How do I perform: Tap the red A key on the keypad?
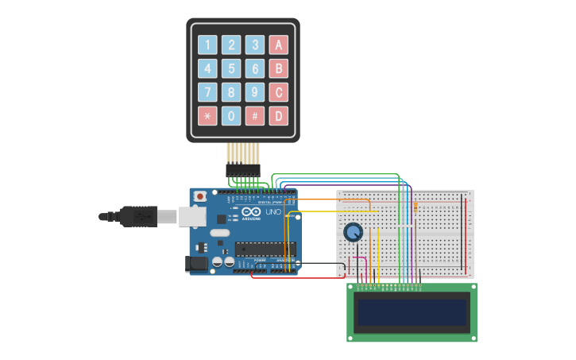coord(278,45)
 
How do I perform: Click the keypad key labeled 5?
coord(231,68)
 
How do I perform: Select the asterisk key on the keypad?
coord(207,116)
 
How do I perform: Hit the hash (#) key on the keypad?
coord(255,116)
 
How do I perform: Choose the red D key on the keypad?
coord(278,116)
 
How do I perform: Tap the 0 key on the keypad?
coord(231,116)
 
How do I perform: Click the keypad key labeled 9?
coord(255,92)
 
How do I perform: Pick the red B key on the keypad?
coord(278,68)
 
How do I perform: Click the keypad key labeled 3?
coord(255,45)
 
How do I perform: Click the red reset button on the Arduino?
coord(200,195)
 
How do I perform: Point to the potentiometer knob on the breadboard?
coord(354,232)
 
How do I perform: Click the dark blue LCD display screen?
coord(412,312)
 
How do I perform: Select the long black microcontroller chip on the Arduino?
coord(265,249)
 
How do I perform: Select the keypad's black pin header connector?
coord(243,169)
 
